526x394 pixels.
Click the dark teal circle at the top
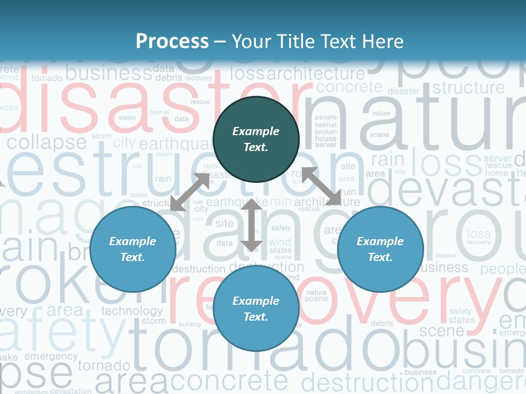pyautogui.click(x=256, y=139)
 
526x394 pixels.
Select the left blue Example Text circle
pyautogui.click(x=133, y=249)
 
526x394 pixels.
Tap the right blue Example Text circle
pyautogui.click(x=380, y=249)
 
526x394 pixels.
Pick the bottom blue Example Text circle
pyautogui.click(x=256, y=309)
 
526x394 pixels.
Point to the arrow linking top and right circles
pyautogui.click(x=322, y=186)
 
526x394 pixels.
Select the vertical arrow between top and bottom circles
pyautogui.click(x=251, y=225)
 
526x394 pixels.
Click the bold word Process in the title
pyautogui.click(x=172, y=41)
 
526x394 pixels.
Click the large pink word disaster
pyautogui.click(x=148, y=107)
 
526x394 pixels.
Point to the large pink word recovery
pyautogui.click(x=334, y=296)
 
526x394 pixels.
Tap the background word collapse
pyautogui.click(x=47, y=143)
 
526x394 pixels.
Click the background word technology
pyautogui.click(x=132, y=311)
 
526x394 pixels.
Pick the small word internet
pyautogui.click(x=445, y=256)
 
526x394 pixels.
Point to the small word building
pyautogui.click(x=190, y=324)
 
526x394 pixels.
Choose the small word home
pyautogui.click(x=496, y=173)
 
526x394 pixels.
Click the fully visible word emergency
pyautogui.click(x=51, y=356)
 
